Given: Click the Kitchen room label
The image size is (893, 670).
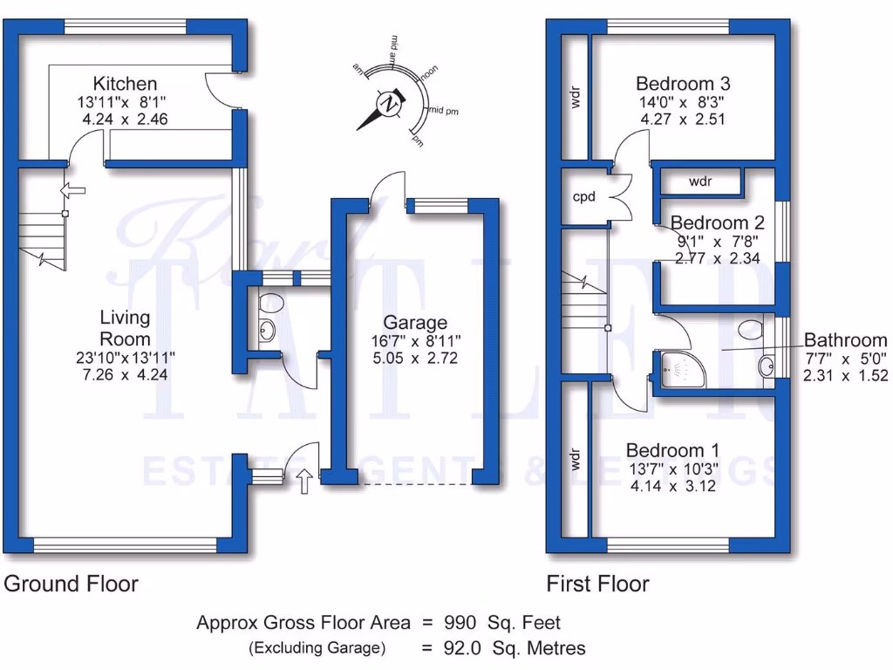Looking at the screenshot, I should point(126,84).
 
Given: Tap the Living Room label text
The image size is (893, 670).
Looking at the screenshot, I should point(125,328).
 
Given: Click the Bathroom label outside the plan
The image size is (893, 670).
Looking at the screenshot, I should point(845,340).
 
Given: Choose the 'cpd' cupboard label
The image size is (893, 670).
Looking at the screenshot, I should point(583,197).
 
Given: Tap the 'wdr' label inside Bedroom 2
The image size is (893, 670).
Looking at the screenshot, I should point(700,182).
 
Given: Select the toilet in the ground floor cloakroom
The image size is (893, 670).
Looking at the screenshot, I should point(271,304).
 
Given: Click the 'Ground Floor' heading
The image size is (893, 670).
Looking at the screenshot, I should point(71,584).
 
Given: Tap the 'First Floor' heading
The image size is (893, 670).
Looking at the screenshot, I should point(597,584).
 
